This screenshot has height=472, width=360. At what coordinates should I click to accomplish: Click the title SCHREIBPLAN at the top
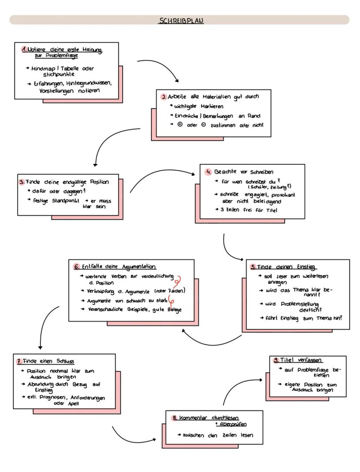180,20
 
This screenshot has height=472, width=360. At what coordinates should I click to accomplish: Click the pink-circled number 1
24,50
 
